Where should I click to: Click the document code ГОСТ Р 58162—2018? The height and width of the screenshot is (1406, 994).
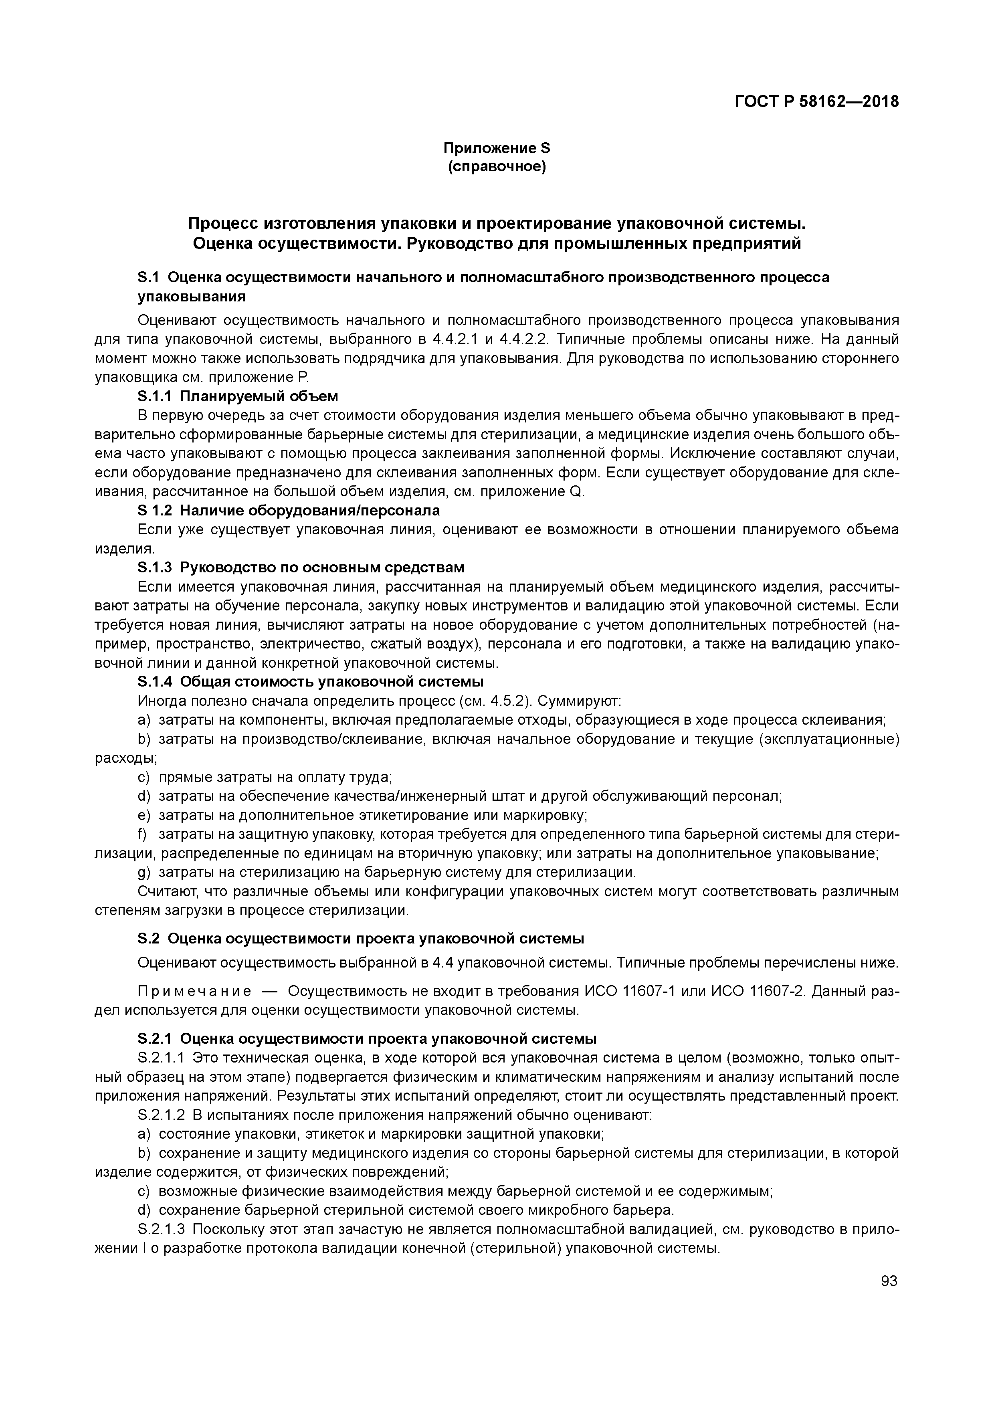816,101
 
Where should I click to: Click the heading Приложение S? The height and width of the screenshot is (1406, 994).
497,148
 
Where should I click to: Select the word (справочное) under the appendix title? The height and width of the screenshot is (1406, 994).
497,167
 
